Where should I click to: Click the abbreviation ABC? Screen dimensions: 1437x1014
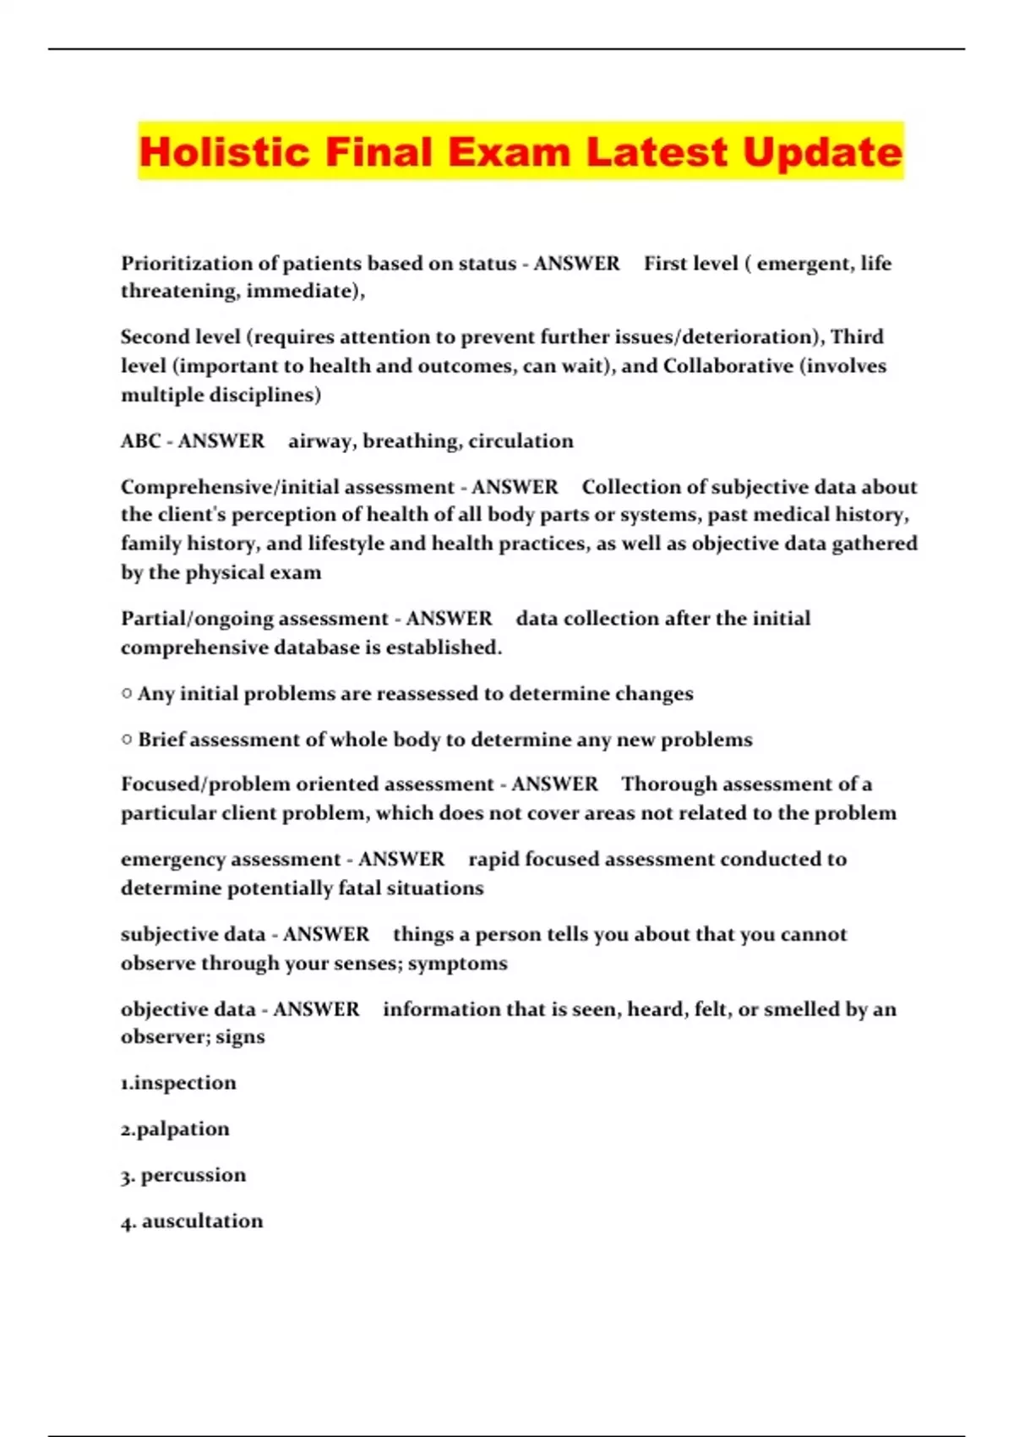click(x=140, y=441)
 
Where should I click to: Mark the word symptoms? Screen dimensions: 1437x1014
click(x=457, y=964)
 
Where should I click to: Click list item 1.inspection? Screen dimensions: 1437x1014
click(x=178, y=1083)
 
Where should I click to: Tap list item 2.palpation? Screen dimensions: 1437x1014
click(x=175, y=1129)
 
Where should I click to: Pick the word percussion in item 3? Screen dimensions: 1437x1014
click(x=194, y=1175)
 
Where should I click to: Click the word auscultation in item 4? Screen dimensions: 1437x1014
click(x=202, y=1221)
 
